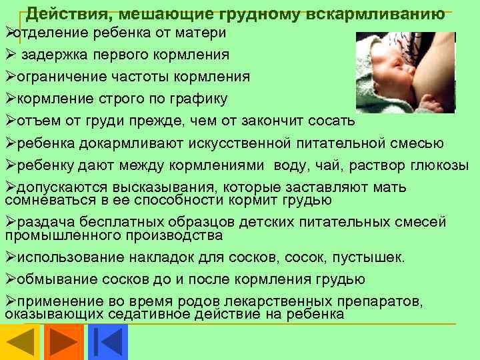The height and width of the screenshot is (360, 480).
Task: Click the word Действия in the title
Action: point(61,13)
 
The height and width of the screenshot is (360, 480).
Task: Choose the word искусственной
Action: point(236,143)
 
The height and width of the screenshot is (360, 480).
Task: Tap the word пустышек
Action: point(375,257)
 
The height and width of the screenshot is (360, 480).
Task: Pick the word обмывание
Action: point(51,279)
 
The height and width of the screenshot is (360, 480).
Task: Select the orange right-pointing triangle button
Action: point(64,342)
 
